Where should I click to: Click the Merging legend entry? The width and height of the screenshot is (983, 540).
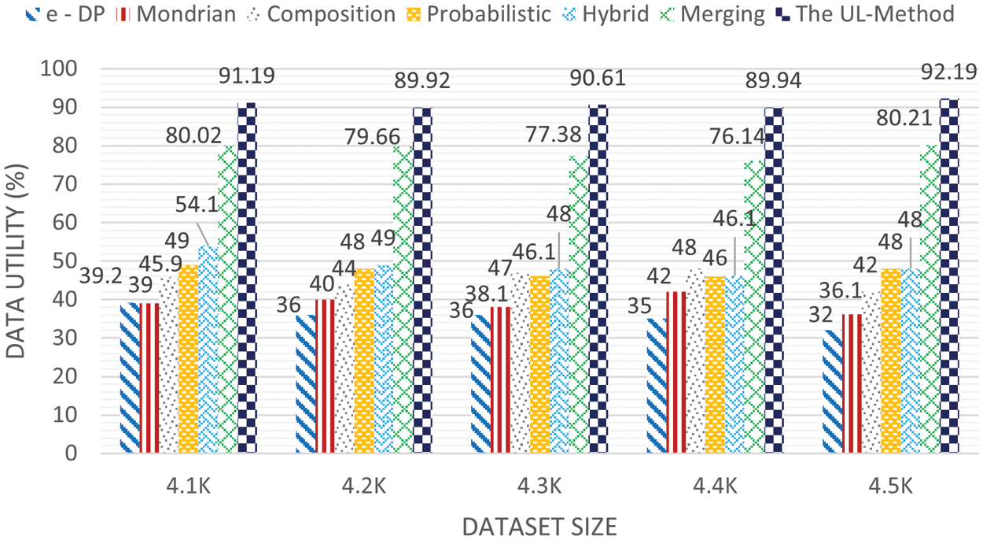click(x=723, y=13)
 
